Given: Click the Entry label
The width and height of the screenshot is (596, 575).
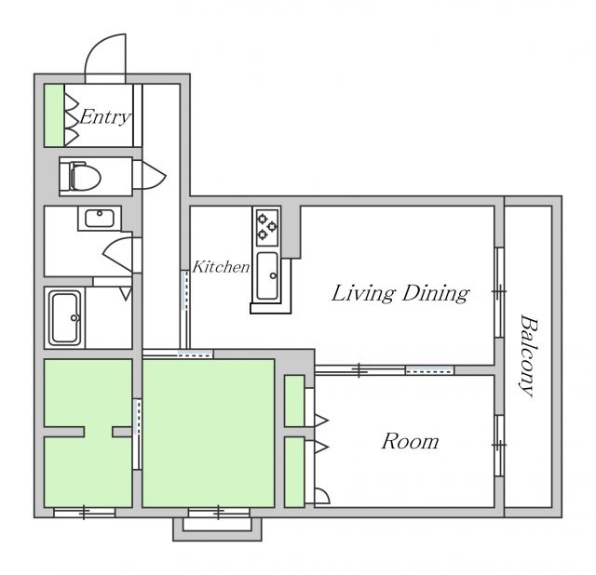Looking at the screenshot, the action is (x=105, y=116).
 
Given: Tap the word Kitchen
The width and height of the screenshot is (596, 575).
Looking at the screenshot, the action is (x=222, y=267).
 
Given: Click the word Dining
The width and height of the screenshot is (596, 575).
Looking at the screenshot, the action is (x=436, y=294).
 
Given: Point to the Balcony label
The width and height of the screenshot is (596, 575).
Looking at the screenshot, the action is (x=528, y=355).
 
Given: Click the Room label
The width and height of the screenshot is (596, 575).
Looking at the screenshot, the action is (x=410, y=441).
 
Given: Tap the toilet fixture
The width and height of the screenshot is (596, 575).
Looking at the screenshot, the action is (x=81, y=177).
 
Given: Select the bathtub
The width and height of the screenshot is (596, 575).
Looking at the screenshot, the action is (x=65, y=318).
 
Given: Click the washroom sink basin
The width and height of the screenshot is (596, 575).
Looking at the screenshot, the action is (x=100, y=218).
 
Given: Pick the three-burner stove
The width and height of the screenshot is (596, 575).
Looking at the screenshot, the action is (x=266, y=227).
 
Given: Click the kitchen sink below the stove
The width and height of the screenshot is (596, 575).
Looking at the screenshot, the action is (x=267, y=276).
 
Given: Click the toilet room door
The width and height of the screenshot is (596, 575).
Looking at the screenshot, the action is (x=149, y=175).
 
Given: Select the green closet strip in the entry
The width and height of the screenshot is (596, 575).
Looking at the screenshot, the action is (x=54, y=115).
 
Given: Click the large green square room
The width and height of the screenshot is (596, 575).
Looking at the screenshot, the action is (x=209, y=433).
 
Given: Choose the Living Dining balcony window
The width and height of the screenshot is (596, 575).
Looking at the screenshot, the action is (x=499, y=291).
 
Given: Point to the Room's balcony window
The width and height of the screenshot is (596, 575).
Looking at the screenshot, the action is (x=499, y=445).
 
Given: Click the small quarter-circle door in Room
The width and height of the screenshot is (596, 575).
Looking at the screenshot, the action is (x=322, y=496).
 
